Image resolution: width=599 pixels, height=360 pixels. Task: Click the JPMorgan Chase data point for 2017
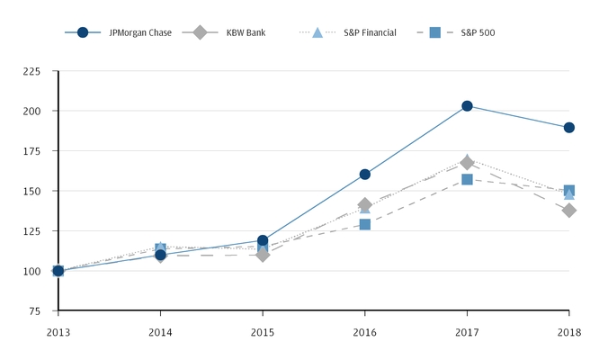pos(467,106)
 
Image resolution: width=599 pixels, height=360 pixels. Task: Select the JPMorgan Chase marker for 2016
pos(365,174)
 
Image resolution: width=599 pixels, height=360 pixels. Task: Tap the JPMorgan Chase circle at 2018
pos(569,128)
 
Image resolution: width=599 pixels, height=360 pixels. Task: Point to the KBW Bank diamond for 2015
pos(263,255)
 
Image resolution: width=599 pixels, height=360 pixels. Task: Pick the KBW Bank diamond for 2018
pos(569,210)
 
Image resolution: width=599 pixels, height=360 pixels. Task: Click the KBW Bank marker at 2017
pos(467,163)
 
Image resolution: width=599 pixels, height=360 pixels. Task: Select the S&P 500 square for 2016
pos(365,224)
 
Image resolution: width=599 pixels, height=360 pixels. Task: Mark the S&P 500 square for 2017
pos(467,180)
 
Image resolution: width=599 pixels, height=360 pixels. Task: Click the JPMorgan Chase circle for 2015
pos(263,240)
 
